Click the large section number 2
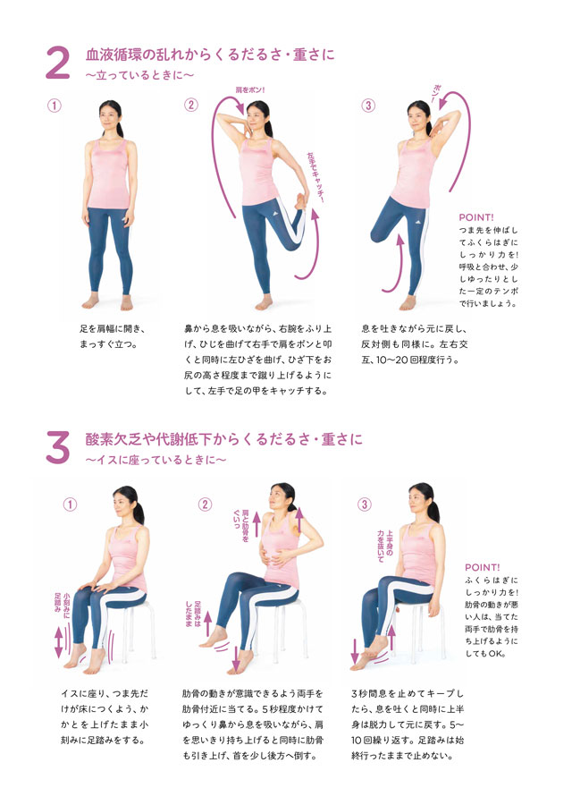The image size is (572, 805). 58,64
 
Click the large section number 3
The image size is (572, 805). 58,447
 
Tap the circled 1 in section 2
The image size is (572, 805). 54,106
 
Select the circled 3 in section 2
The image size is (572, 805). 368,106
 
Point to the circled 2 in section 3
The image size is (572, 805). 205,504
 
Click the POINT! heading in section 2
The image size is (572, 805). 476,217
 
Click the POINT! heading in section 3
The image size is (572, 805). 483,567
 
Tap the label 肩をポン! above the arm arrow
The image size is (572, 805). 250,89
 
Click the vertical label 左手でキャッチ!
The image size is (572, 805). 315,177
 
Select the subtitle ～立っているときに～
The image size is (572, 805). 139,75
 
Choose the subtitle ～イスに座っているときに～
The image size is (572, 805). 156,460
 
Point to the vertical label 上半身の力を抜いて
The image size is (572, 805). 384,546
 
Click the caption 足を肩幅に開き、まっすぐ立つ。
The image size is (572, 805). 113,337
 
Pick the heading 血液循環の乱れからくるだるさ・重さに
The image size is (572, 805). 210,55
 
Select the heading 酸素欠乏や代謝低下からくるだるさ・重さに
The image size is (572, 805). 223,439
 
